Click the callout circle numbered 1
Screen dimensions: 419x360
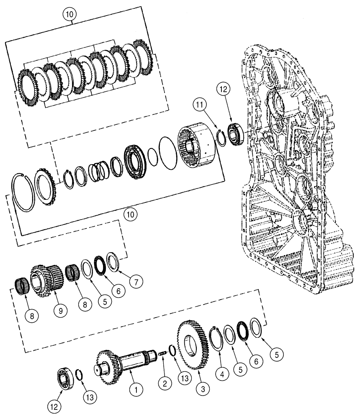135,389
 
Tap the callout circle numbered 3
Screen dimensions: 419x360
202,388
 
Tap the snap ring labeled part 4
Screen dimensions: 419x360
218,337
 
